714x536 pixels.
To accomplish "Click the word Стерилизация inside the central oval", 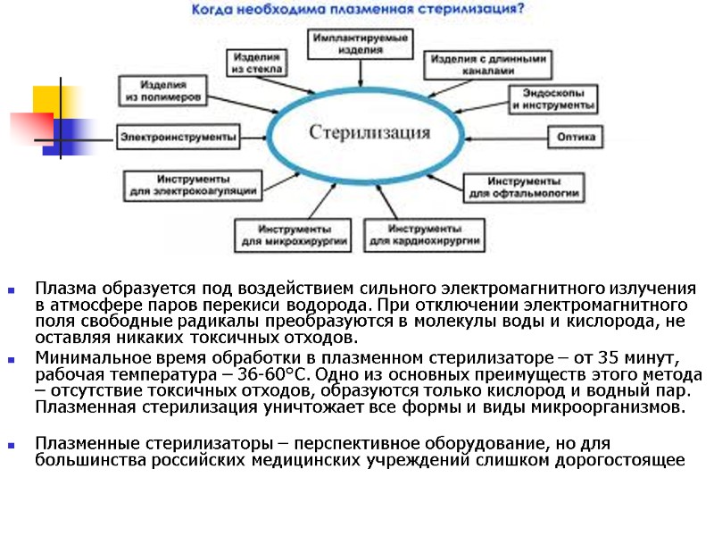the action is pyautogui.click(x=369, y=134).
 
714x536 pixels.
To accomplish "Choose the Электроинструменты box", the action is pyautogui.click(x=178, y=137).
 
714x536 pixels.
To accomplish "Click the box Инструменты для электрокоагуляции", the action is pyautogui.click(x=192, y=185).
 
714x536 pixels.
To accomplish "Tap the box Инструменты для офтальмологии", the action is pyautogui.click(x=524, y=187).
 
